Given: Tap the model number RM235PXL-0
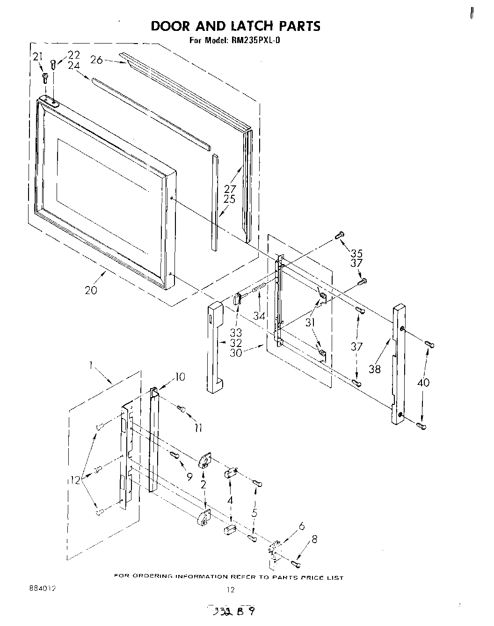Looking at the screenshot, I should pos(255,40).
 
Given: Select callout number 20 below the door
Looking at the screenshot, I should pos(91,290).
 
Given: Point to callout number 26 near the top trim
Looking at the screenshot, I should pos(96,60).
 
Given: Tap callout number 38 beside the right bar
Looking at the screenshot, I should pos(374,369).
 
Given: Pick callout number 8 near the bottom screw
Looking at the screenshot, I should pos(314,539).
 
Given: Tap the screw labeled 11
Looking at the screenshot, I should pos(182,410).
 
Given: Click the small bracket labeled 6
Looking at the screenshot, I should pos(274,548).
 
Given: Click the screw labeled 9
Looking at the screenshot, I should pos(174,455).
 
